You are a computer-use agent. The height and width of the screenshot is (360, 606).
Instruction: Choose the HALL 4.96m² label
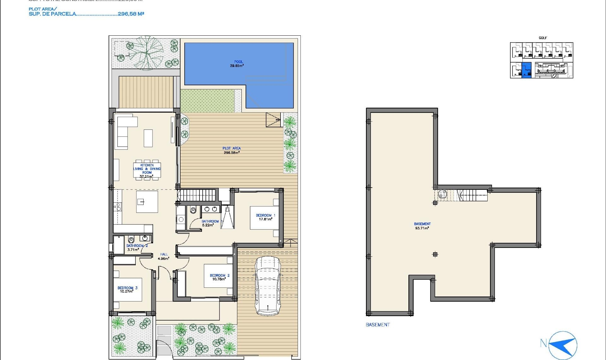point(164,256)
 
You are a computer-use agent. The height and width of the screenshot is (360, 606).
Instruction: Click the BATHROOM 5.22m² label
point(210,223)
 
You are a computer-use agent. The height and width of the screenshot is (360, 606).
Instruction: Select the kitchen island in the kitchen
point(147,201)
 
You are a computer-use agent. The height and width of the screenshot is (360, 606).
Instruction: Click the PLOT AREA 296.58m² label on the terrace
point(232,150)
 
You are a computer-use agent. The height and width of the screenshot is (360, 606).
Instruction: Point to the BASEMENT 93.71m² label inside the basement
point(422,226)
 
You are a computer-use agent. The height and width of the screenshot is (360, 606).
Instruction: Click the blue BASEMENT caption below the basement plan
point(377,325)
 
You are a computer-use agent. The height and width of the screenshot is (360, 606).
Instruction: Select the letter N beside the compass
point(543,343)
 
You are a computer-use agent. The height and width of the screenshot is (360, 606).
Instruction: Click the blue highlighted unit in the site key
point(526,70)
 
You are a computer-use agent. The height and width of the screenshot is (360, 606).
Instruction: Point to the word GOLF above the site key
point(543,38)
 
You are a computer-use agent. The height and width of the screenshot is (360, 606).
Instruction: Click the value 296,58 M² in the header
point(131,14)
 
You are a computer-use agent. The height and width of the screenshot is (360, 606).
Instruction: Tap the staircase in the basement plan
point(472,195)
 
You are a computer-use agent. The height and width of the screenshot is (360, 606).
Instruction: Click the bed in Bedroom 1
point(264,218)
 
